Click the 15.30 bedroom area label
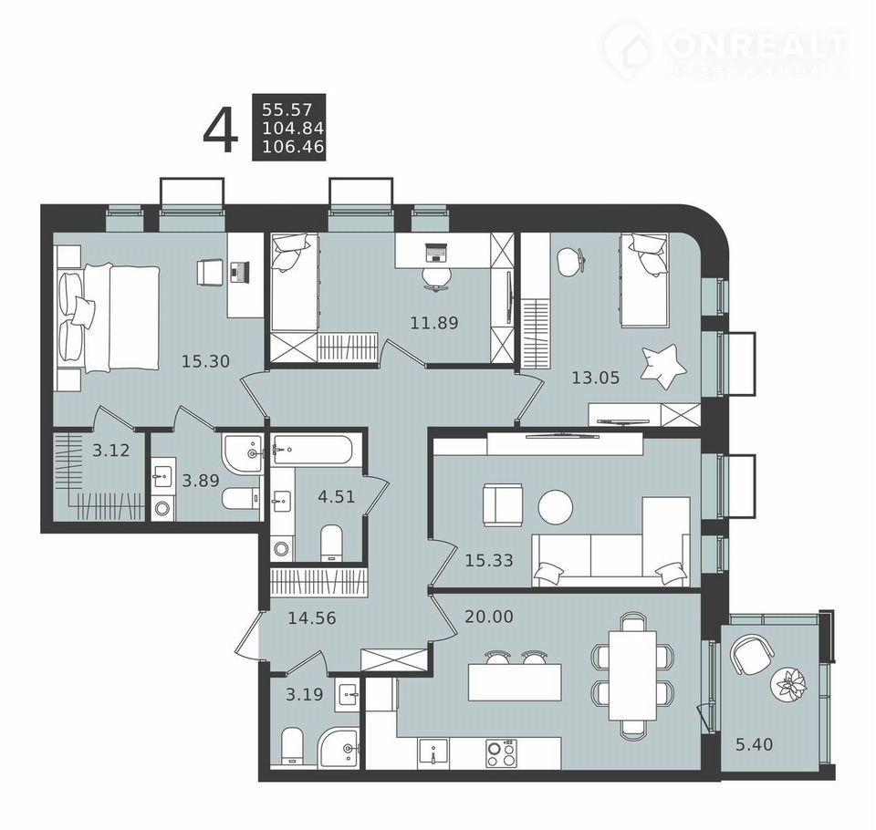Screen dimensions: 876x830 [x=205, y=361]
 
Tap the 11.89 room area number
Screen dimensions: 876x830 [x=434, y=323]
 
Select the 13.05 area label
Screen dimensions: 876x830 [x=596, y=378]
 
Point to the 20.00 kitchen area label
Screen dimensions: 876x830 [x=489, y=617]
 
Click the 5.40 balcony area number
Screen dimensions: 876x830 [x=755, y=744]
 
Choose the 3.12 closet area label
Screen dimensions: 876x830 [x=111, y=450]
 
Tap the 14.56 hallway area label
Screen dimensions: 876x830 [x=312, y=617]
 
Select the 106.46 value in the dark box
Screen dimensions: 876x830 [x=293, y=147]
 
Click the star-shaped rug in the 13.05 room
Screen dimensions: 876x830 [x=663, y=367]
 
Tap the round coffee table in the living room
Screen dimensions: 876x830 [x=556, y=507]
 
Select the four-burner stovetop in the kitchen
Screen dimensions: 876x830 [x=501, y=753]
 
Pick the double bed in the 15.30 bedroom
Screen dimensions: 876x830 [x=109, y=317]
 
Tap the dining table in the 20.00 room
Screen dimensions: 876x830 [x=632, y=676]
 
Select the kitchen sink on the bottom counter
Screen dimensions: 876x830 [x=433, y=752]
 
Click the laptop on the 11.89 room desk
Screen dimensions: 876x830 [x=436, y=253]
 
